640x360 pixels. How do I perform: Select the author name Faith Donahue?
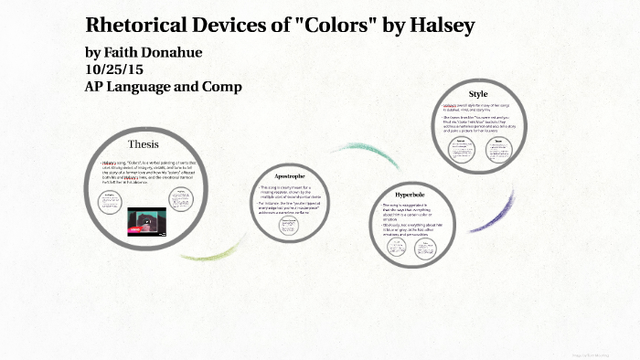[151, 51]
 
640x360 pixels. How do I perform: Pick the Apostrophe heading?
[289, 175]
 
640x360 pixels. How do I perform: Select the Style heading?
[478, 94]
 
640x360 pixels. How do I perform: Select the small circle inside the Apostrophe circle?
[288, 226]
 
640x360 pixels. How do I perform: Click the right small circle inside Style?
[499, 146]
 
